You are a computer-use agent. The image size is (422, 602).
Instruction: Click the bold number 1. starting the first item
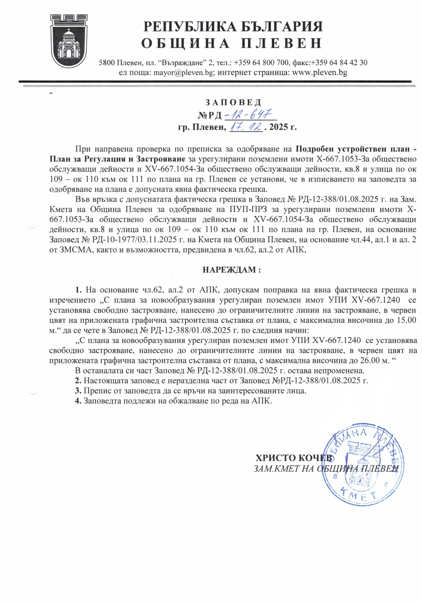point(79,290)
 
